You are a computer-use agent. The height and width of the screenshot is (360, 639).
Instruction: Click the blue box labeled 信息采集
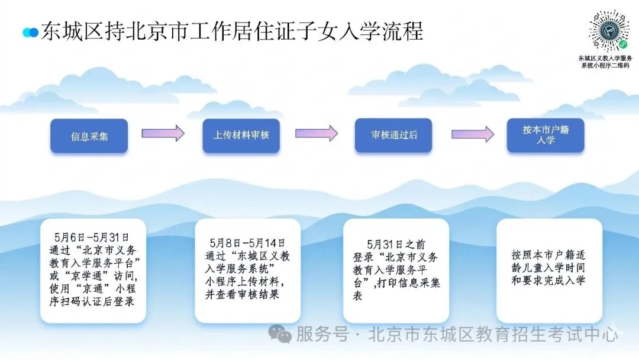point(89,136)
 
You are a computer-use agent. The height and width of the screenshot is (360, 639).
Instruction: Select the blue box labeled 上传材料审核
point(241,136)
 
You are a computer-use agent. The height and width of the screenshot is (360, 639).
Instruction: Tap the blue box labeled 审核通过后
point(393,136)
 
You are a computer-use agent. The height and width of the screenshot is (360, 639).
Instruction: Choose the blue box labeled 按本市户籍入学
point(546,136)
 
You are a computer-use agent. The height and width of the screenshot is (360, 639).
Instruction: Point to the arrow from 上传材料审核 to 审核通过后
point(316,133)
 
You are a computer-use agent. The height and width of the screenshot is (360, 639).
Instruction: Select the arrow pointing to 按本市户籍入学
point(473,134)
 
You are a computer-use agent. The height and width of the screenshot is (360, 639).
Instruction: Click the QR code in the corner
point(609,31)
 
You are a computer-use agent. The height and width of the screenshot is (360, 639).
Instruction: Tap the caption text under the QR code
point(606,62)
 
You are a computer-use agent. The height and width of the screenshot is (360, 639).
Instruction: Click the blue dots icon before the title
point(31,32)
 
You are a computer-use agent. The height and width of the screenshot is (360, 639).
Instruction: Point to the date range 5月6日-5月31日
point(92,237)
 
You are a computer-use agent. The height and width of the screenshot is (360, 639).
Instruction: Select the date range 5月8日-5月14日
point(247,243)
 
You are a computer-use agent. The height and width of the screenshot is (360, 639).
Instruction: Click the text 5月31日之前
point(396,244)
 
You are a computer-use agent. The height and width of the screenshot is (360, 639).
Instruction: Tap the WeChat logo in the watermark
point(280,334)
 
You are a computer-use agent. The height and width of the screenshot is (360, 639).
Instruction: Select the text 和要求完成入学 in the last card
point(548,281)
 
